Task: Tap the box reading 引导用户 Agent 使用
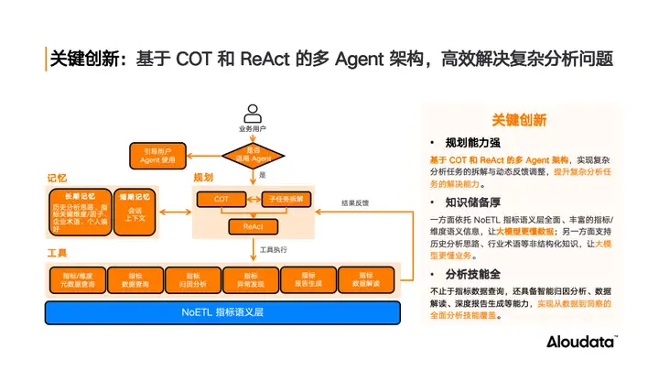(158, 154)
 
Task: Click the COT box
(222, 199)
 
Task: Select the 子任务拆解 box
(286, 199)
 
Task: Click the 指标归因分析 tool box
(193, 278)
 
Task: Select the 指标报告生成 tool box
(308, 278)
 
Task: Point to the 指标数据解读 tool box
(366, 278)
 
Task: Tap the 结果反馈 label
(356, 204)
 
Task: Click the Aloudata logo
(582, 343)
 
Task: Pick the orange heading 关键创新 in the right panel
(519, 120)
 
